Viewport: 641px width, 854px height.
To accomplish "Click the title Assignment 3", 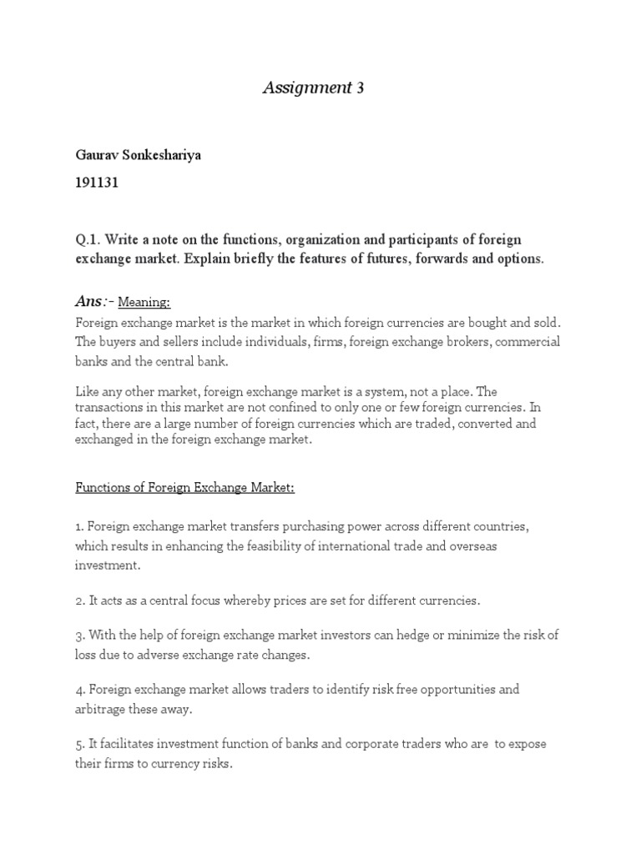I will pyautogui.click(x=314, y=88).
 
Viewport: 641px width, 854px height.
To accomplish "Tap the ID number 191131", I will pyautogui.click(x=97, y=183).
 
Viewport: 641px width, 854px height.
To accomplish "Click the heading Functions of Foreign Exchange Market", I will pyautogui.click(x=184, y=488).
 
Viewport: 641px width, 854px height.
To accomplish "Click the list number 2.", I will pyautogui.click(x=79, y=600).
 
